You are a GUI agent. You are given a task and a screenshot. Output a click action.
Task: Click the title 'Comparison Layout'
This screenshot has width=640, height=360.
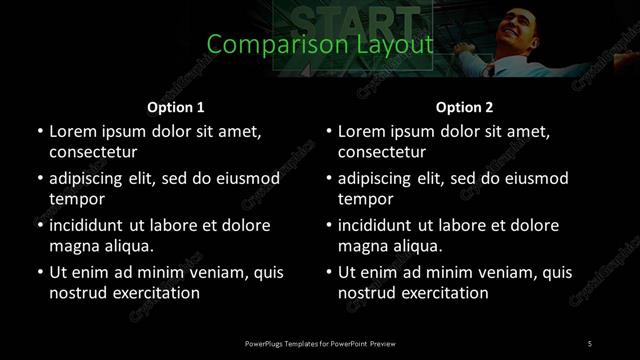tap(320, 45)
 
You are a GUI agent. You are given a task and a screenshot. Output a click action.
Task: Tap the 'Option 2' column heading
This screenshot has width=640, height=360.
tap(464, 107)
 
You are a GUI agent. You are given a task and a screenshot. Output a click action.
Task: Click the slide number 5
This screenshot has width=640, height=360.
tap(589, 344)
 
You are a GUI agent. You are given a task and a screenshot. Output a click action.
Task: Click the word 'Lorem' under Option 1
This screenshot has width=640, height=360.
tap(72, 131)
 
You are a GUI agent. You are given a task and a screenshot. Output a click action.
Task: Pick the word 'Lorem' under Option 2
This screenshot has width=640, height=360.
tap(361, 131)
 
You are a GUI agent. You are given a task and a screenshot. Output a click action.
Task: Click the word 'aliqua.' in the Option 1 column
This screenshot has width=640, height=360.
tap(128, 246)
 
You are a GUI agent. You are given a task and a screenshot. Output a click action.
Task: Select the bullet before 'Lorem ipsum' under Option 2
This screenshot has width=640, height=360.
tap(328, 131)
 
